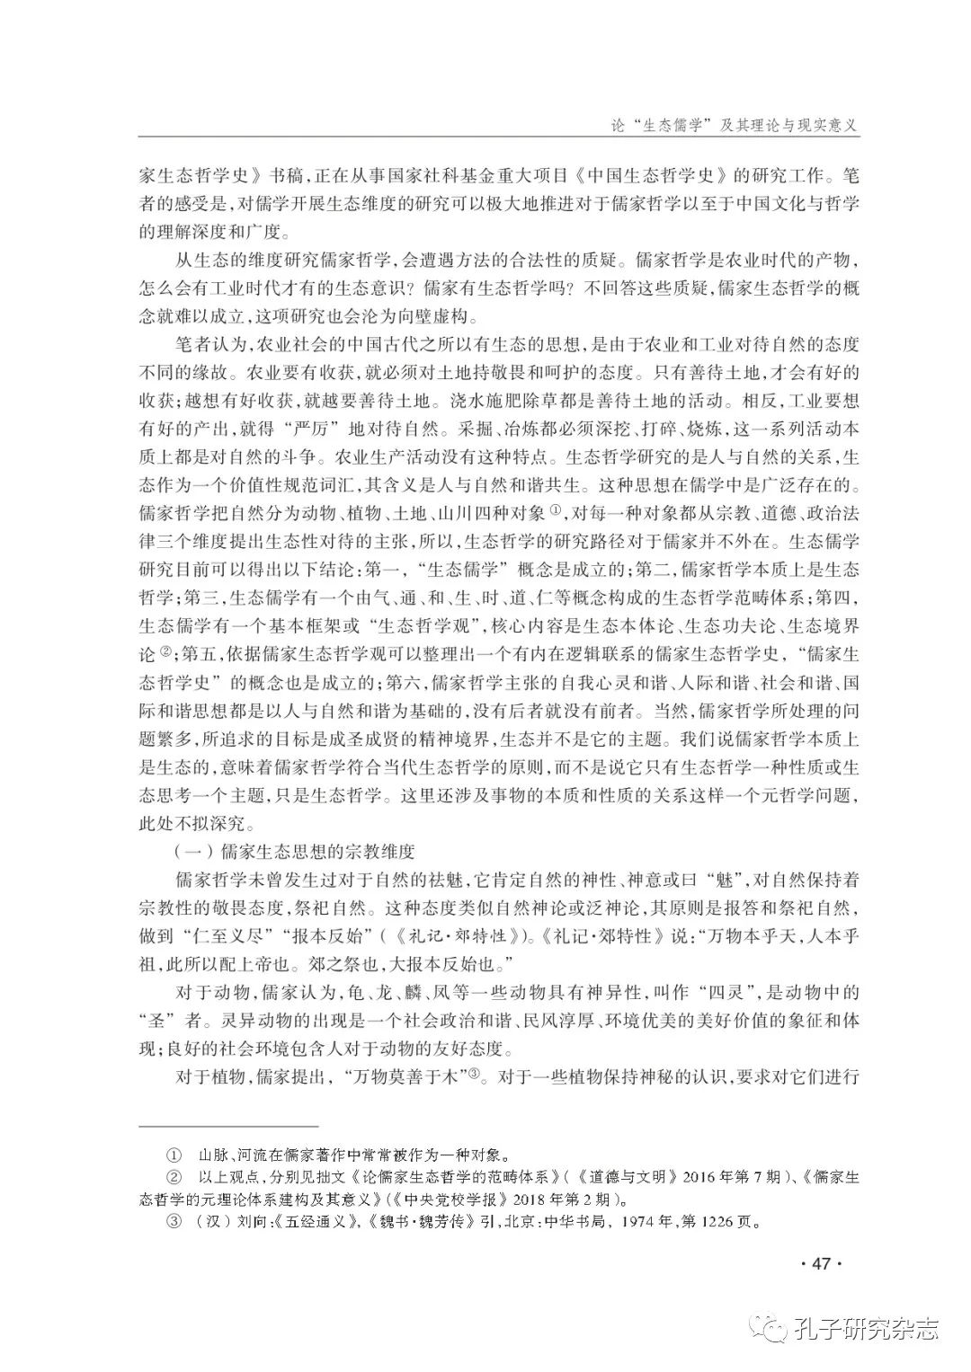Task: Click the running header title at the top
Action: (722, 126)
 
